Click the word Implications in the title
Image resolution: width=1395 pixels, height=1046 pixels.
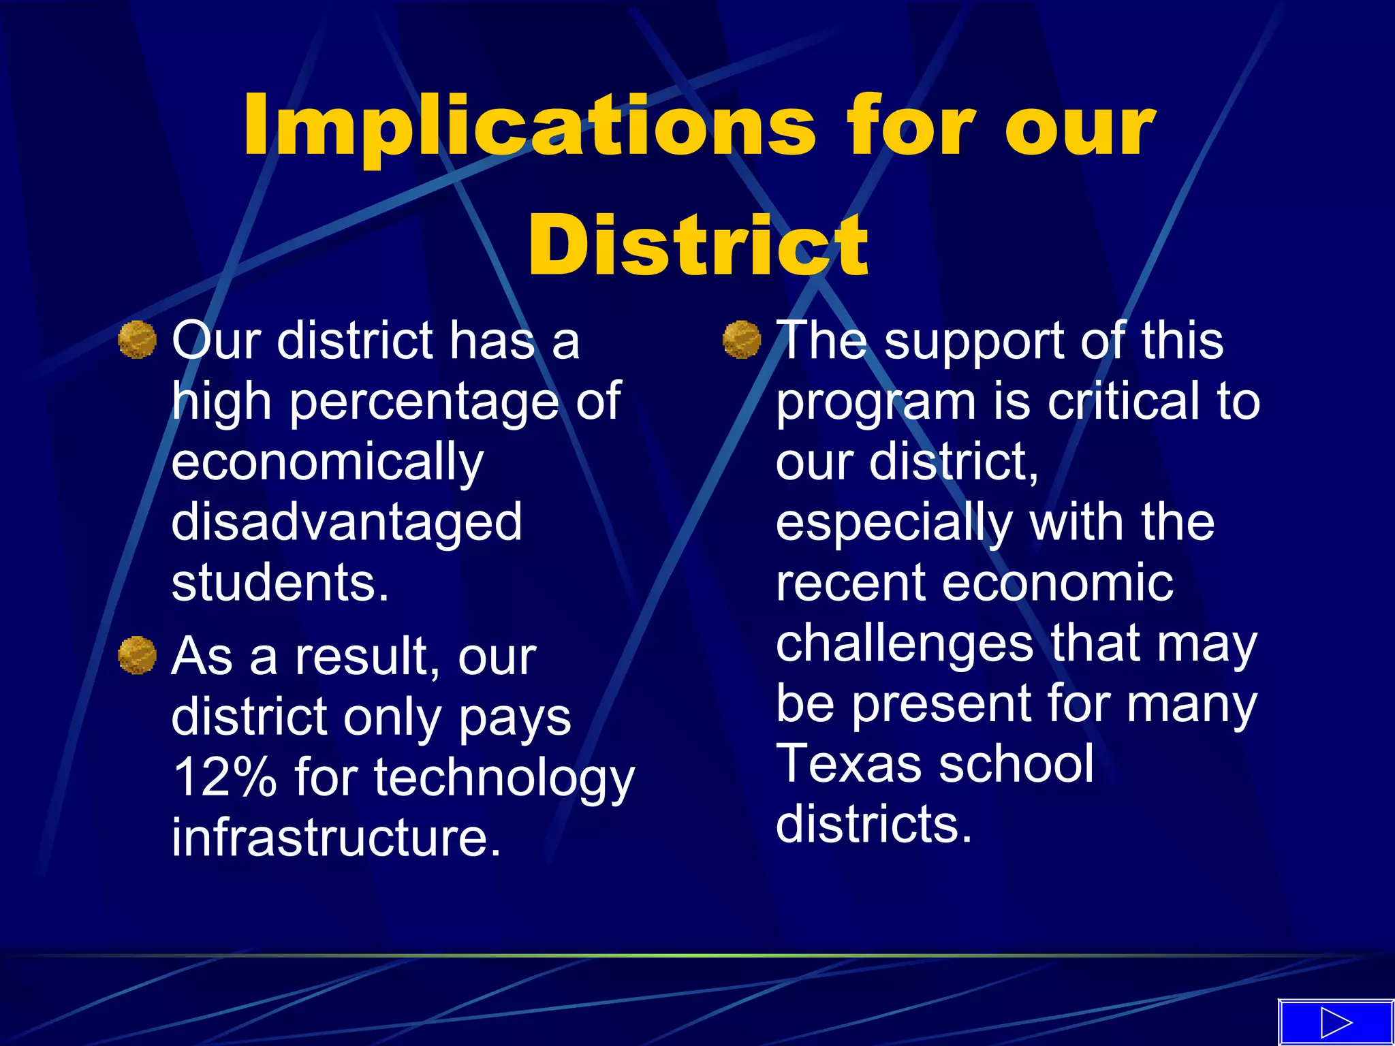pos(529,128)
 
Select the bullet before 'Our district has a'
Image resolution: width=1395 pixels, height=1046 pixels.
pos(137,339)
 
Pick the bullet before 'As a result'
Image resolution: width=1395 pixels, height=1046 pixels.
pos(137,655)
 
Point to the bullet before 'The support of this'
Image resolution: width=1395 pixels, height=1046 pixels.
pos(741,339)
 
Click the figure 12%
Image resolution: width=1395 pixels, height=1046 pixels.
pos(225,778)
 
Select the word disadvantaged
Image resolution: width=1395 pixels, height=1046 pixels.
pos(347,522)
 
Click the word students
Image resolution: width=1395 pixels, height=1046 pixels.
pos(279,583)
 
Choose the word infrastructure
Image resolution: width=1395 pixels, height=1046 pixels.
pos(336,838)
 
